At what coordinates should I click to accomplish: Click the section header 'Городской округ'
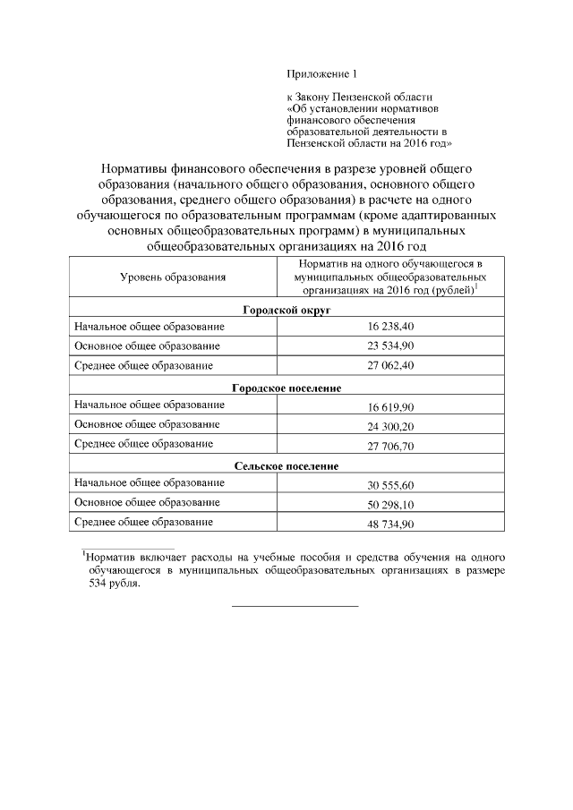(286, 309)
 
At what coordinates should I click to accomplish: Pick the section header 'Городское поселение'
(286, 388)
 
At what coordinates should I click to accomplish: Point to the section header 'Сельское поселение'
(286, 465)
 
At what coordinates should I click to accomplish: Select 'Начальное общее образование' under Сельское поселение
(149, 483)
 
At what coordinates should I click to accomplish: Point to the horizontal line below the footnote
(295, 606)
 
